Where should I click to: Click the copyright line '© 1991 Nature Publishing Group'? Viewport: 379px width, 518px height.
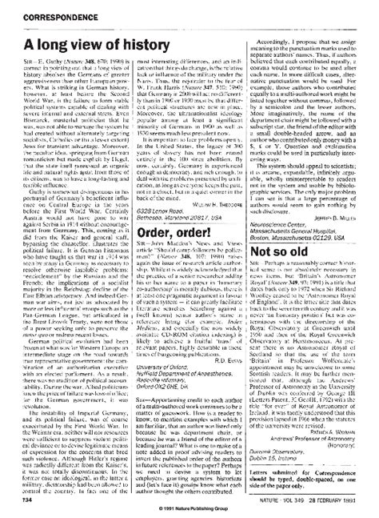189,509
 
